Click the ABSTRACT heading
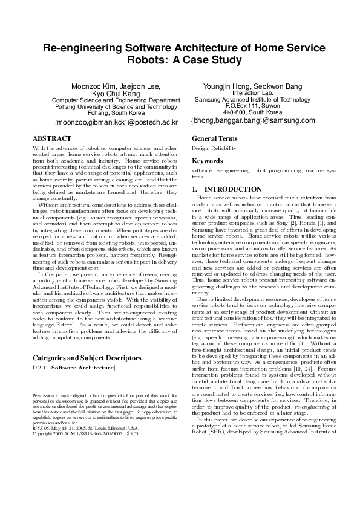pyautogui.click(x=51, y=138)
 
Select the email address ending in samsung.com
pyautogui.click(x=253, y=120)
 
